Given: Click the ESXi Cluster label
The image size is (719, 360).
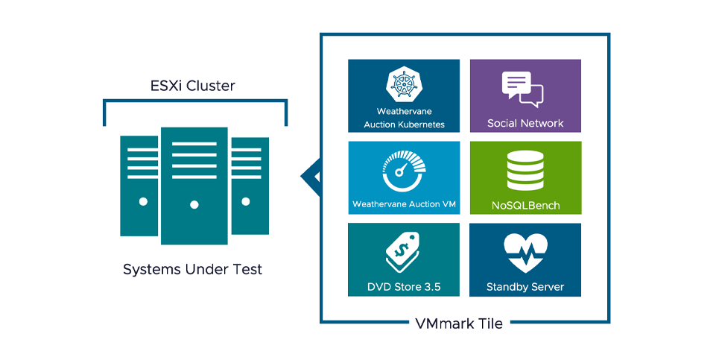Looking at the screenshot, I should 194,86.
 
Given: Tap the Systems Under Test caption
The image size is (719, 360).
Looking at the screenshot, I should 193,269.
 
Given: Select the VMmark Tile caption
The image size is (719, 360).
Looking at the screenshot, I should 460,323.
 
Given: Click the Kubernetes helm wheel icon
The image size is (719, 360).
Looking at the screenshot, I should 404,83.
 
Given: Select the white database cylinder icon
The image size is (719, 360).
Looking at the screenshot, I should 525,171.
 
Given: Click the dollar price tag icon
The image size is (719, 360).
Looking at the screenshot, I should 403,252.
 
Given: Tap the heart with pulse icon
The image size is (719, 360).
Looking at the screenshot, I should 525,253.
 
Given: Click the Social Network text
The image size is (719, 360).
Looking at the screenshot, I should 525,123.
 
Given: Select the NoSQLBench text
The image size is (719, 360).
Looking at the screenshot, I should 525,205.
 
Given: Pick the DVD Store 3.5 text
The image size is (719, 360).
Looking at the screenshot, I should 403,286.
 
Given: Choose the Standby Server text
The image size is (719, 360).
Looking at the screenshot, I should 525,286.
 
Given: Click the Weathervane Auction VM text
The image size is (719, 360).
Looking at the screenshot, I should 403,204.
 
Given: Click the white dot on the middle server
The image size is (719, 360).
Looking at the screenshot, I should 194,204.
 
